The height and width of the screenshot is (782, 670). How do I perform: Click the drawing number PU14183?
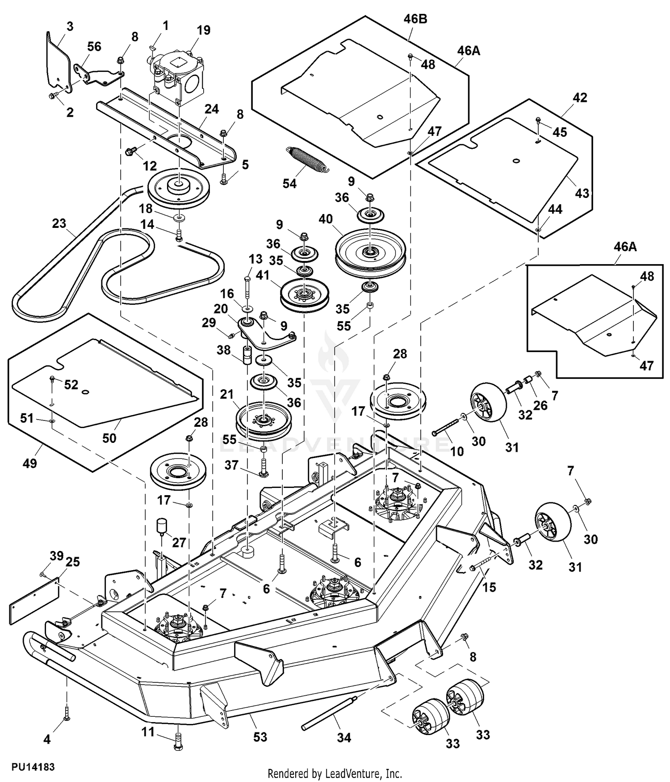coord(33,767)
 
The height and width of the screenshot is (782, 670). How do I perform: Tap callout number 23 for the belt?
coord(59,223)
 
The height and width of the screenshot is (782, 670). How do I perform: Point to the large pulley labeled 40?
coord(370,253)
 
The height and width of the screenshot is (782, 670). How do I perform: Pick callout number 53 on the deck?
coord(260,736)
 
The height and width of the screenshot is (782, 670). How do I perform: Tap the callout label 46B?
coord(415,19)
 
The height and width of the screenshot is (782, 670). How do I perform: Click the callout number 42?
coord(580,97)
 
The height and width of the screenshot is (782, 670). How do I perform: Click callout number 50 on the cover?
coord(109,437)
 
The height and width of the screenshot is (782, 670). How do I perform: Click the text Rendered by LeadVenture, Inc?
coord(335,774)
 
